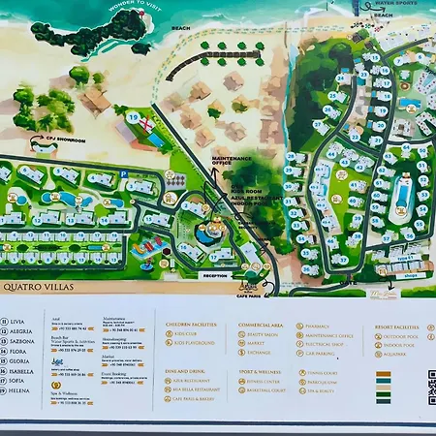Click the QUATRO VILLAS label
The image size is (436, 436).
(x=38, y=286)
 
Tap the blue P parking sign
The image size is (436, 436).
(x=125, y=175)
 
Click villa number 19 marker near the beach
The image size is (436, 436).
(x=134, y=115)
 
